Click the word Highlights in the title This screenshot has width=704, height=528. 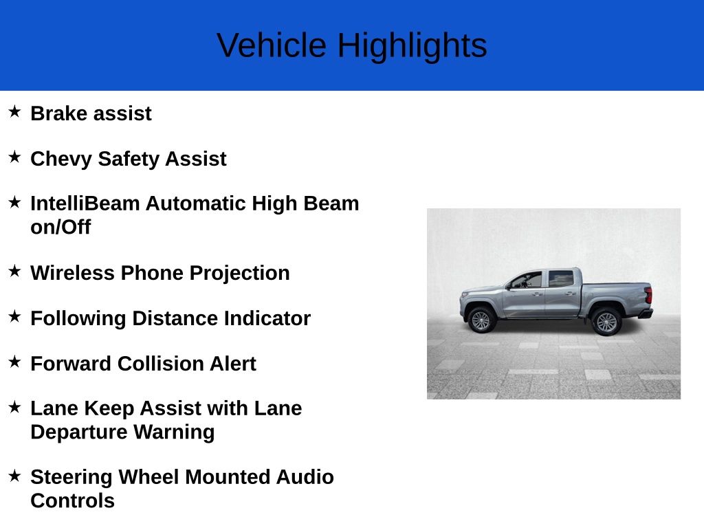[x=412, y=45]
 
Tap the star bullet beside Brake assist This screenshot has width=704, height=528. [x=14, y=111]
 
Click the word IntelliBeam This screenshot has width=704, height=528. [x=85, y=203]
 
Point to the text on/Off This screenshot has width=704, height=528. [x=60, y=228]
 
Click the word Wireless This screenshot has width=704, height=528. [x=72, y=273]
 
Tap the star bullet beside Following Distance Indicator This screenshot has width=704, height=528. [x=14, y=316]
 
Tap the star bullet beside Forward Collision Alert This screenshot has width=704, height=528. [x=14, y=362]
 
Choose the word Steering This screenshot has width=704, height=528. [x=71, y=477]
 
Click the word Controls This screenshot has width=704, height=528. [x=72, y=501]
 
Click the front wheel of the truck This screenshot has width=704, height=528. [x=481, y=320]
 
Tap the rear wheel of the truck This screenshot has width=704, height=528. [x=606, y=322]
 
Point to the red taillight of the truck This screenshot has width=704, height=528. [x=648, y=296]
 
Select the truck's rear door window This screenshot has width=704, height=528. [x=560, y=278]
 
